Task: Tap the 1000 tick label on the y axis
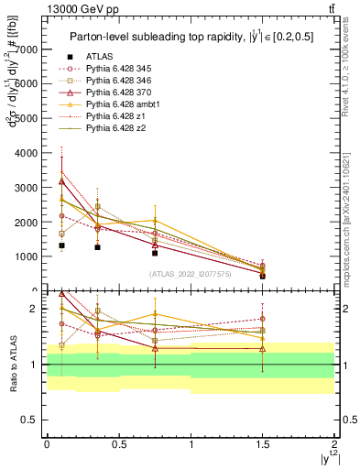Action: [x=27, y=257]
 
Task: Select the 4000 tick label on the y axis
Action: [x=27, y=153]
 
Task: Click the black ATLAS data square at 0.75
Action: [x=155, y=253]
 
